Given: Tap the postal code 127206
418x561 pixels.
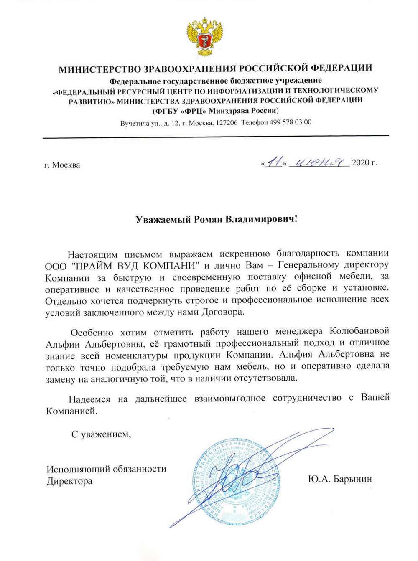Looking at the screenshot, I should click(x=227, y=122).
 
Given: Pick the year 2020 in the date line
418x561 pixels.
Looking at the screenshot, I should click(x=360, y=162).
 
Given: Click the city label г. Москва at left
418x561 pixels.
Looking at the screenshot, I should click(x=62, y=165).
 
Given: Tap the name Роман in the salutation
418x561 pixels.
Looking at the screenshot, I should click(x=207, y=219).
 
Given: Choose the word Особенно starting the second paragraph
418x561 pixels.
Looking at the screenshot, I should click(x=92, y=333).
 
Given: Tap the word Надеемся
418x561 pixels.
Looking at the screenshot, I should click(x=89, y=399).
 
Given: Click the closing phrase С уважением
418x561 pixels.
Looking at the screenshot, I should click(x=101, y=434).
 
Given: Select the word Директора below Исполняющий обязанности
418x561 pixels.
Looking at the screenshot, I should click(x=69, y=481).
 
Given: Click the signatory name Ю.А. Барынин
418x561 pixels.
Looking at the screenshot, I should click(x=339, y=479).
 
